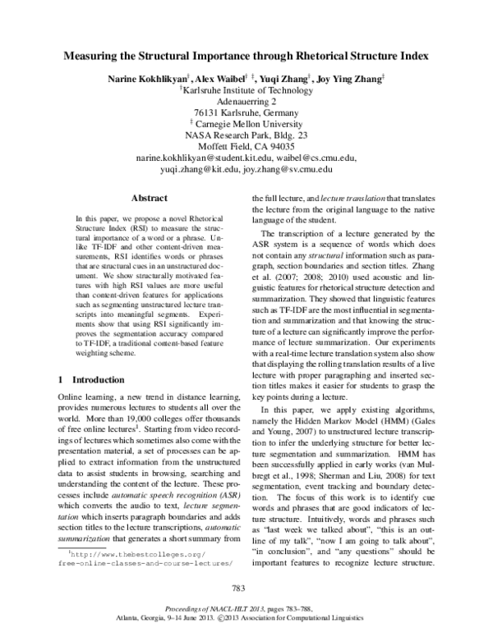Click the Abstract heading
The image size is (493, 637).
(150, 198)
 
